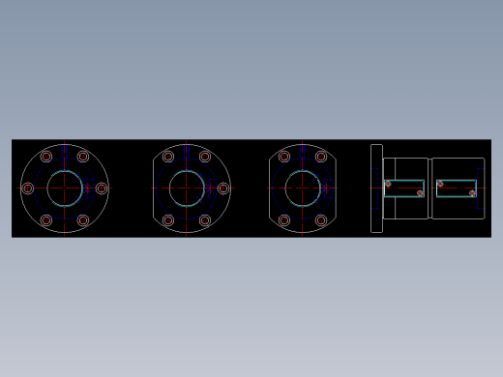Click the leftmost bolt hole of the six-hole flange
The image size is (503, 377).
click(28, 188)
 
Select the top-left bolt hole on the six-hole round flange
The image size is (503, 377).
click(46, 157)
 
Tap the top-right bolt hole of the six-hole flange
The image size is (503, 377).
click(83, 157)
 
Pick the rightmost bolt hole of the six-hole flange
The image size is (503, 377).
click(102, 188)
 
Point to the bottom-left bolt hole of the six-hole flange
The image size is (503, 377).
click(46, 220)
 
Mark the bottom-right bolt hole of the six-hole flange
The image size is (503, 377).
click(83, 220)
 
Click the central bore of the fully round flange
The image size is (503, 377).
click(65, 188)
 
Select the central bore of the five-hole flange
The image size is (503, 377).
click(187, 188)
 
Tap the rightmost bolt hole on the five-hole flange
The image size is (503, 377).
click(223, 188)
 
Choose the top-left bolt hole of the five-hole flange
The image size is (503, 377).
click(168, 157)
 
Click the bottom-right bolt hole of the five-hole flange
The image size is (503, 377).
click(205, 220)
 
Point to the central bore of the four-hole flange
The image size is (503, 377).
click(303, 188)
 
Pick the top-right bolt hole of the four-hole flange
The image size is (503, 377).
click(321, 157)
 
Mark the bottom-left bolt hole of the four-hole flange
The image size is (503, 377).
click(284, 220)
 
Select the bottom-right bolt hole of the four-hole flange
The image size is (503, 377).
click(321, 220)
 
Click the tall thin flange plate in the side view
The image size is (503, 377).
click(376, 188)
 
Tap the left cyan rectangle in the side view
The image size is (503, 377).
click(404, 188)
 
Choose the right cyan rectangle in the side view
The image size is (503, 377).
click(456, 188)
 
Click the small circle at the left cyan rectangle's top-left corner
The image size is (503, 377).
click(388, 184)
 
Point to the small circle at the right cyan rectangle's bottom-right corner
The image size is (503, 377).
click(472, 193)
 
